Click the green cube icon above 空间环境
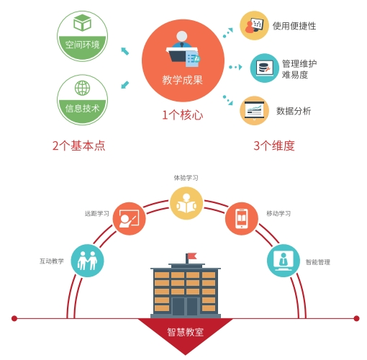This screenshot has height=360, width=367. coord(82,22)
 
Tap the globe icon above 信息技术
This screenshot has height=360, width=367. coord(82,88)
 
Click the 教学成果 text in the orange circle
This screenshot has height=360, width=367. coord(183,80)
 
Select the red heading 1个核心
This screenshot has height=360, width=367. coord(183,115)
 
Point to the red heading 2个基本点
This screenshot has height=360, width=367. coord(79,145)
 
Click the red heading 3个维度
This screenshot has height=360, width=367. coord(274,145)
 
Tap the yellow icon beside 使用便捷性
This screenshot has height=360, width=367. coord(254,25)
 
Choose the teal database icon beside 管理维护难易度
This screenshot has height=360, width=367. coord(265,68)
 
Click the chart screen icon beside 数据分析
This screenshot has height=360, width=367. coord(254,111)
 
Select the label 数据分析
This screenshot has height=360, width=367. coord(294,111)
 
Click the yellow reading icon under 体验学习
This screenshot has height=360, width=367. coord(186,204)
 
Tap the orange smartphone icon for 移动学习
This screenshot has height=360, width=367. coord(242,219)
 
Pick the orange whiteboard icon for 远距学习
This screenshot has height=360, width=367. coord(130,219)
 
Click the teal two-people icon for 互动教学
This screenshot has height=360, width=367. coord(87,261)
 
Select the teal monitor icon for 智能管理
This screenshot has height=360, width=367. coord(284,261)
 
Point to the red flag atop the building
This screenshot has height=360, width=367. coord(192,256)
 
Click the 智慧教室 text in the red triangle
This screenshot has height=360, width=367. coord(186,332)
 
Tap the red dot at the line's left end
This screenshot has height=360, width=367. coord(14,318)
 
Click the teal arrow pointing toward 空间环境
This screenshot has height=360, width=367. coord(125,51)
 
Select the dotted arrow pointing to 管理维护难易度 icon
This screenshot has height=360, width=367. coord(235,67)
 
